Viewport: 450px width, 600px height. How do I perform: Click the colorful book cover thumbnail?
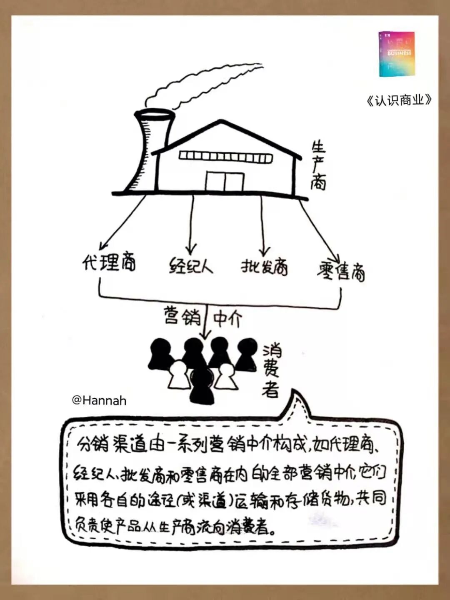tap(396, 54)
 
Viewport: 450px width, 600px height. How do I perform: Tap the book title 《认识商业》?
tap(399, 100)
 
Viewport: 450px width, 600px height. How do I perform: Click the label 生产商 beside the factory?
tap(318, 165)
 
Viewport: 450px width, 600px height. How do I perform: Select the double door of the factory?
tap(224, 181)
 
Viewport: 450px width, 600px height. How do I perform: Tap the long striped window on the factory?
tap(226, 157)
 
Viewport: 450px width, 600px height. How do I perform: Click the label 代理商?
tap(109, 262)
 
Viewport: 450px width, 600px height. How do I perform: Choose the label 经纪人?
tap(191, 266)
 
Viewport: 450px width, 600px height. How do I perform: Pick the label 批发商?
tap(264, 267)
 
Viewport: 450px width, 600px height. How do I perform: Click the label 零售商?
tap(341, 271)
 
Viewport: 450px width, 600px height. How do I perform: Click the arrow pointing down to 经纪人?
tap(192, 225)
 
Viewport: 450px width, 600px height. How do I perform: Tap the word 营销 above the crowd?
tap(182, 316)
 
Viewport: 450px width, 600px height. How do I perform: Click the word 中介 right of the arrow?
tap(227, 319)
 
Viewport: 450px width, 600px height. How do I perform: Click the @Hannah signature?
tap(99, 400)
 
